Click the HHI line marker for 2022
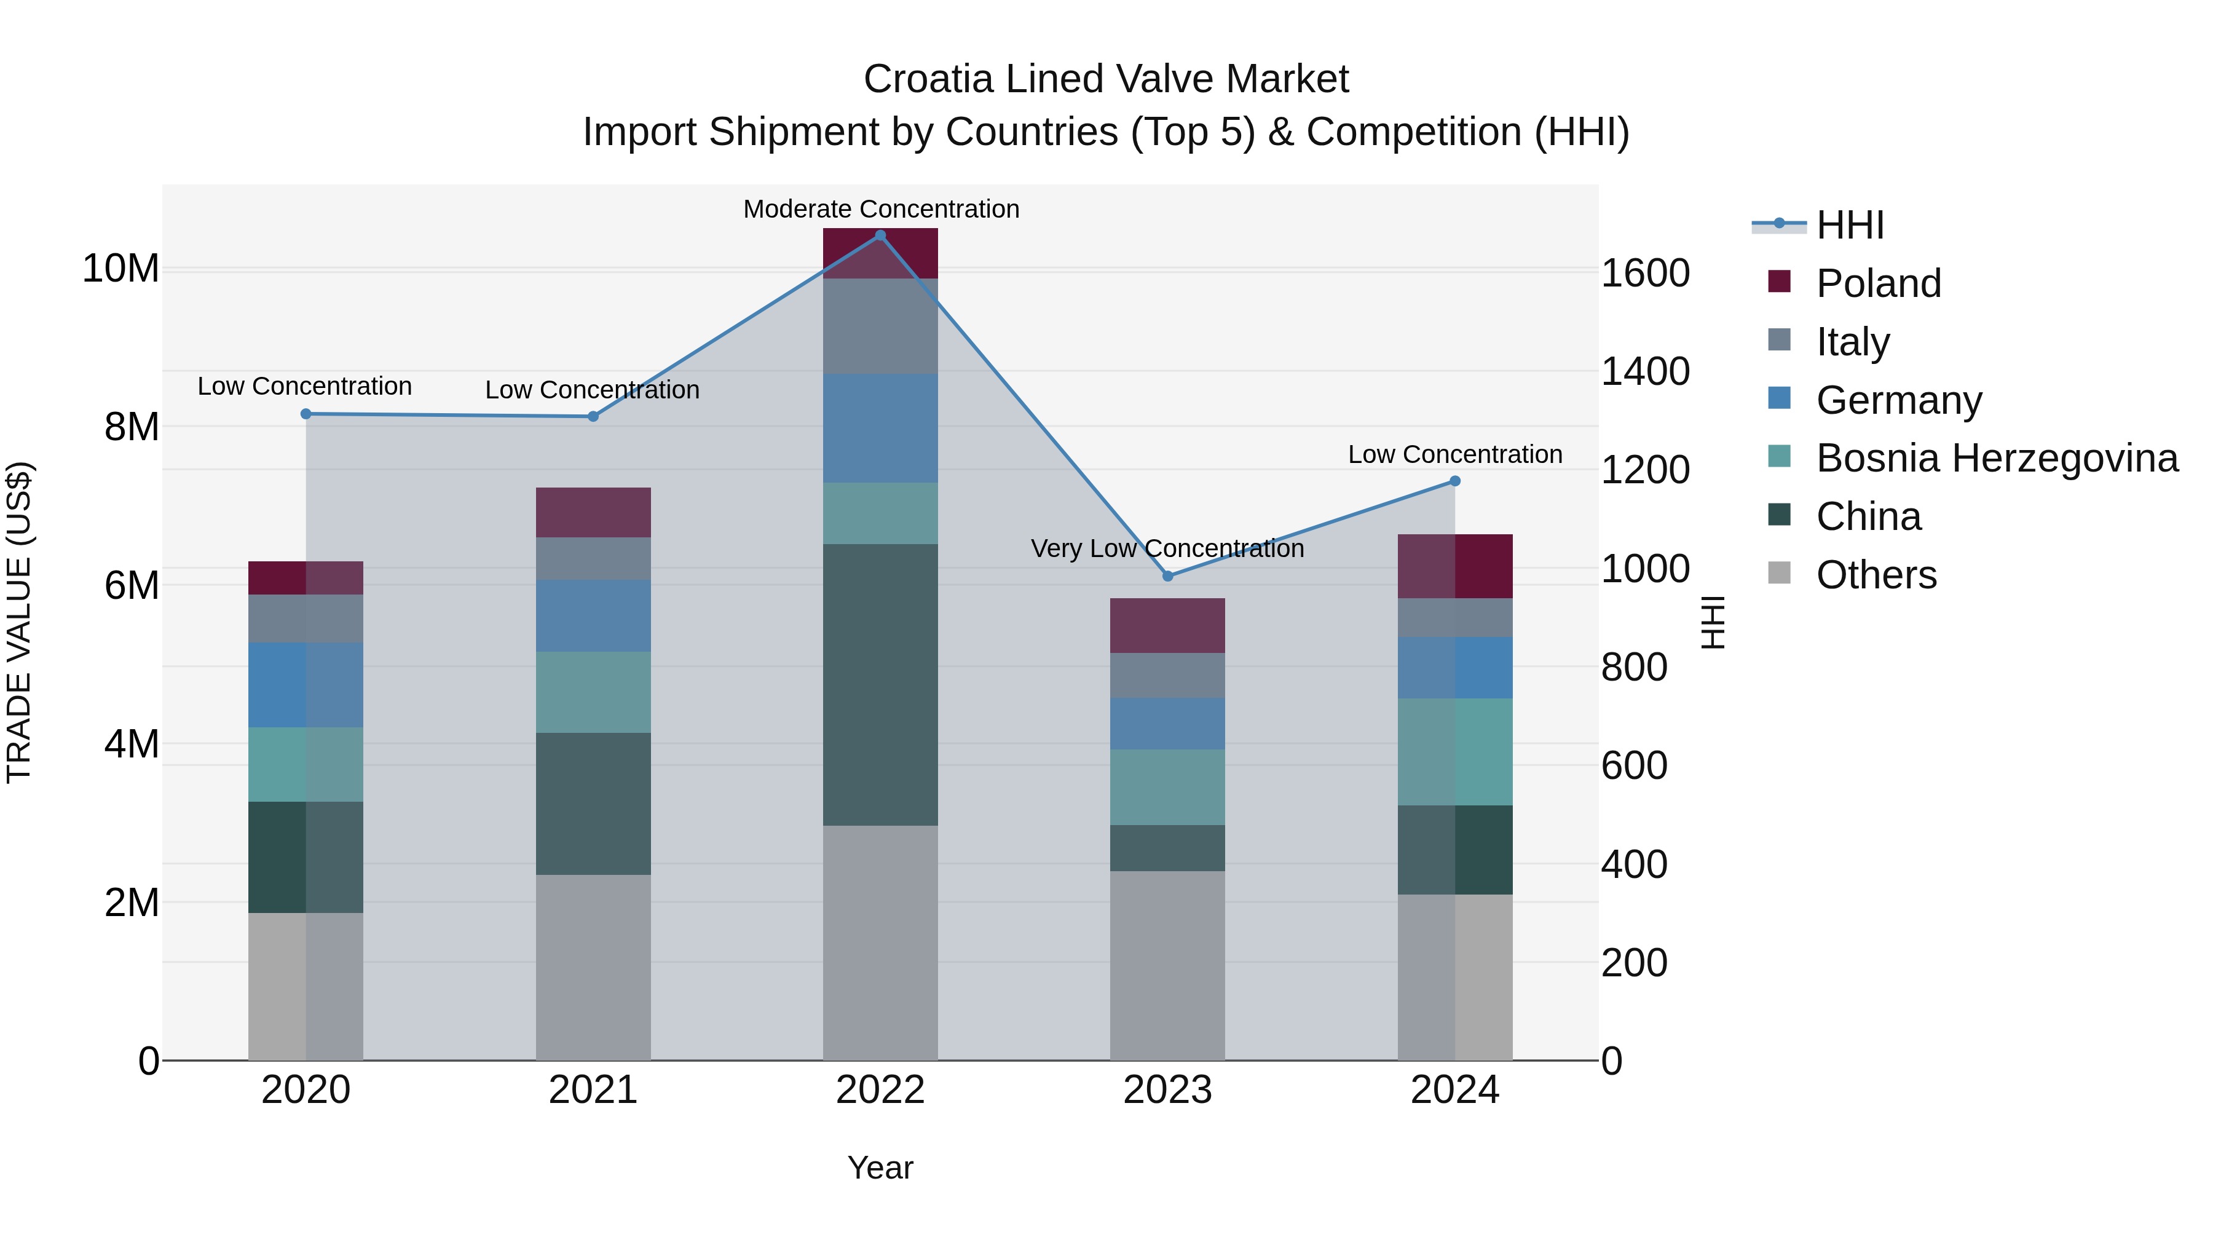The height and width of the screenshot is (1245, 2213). pos(880,235)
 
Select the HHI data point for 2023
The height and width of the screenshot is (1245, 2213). pos(1167,575)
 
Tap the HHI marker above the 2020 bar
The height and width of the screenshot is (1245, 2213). pos(306,414)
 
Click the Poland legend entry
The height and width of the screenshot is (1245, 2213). pos(1878,283)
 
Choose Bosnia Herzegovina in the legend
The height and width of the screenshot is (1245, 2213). pos(1997,458)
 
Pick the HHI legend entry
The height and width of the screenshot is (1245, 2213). pos(1850,225)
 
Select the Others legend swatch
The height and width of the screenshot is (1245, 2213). pos(1779,573)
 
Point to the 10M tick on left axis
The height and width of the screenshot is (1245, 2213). pos(120,269)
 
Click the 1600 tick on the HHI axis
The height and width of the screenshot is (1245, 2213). pos(1645,273)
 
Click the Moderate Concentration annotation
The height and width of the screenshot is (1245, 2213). pos(880,209)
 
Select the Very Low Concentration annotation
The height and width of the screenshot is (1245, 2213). pos(1167,548)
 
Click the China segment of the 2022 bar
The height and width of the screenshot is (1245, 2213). pos(880,685)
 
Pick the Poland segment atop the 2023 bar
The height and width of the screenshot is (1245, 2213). pos(1167,625)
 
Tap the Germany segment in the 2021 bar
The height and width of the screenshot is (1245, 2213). pos(593,615)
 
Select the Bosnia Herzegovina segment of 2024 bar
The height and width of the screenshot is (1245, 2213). pos(1454,752)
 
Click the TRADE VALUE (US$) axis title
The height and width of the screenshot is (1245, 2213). pos(19,622)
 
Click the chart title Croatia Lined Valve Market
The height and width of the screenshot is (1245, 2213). pos(1106,79)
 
